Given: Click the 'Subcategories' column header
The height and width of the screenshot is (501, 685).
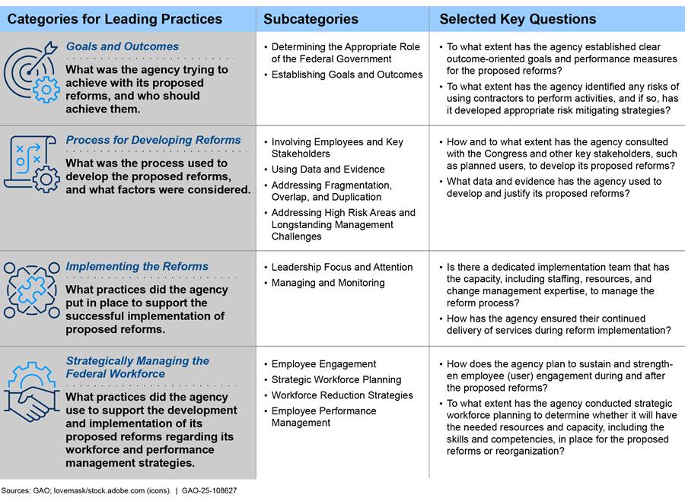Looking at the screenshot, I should click(x=311, y=19).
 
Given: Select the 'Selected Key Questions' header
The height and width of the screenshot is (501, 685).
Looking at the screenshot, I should click(x=518, y=19).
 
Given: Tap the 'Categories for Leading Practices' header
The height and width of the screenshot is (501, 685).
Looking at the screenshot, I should click(x=115, y=19).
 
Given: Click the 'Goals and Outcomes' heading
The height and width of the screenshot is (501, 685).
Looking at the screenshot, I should click(x=123, y=46).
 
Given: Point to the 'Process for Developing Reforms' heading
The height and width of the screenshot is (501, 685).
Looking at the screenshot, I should click(x=153, y=140).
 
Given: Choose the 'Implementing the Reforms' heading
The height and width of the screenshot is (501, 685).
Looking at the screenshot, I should click(x=137, y=266).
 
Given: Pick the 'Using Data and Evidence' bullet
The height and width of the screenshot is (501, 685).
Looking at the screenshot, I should click(x=328, y=170).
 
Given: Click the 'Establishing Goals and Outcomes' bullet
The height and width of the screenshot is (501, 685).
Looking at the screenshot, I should click(x=347, y=75).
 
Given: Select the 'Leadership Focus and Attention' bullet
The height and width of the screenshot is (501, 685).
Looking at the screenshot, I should click(x=342, y=267).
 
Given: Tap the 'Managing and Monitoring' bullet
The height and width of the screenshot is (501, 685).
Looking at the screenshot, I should click(x=328, y=283).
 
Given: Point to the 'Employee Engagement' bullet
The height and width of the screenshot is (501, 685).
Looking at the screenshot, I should click(x=323, y=364).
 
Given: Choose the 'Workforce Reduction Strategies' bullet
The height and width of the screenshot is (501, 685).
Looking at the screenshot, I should click(x=342, y=395).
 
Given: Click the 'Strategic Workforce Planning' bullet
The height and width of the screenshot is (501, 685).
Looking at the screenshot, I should click(x=336, y=379).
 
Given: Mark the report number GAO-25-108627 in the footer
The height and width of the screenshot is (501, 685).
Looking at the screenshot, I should click(x=209, y=491).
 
